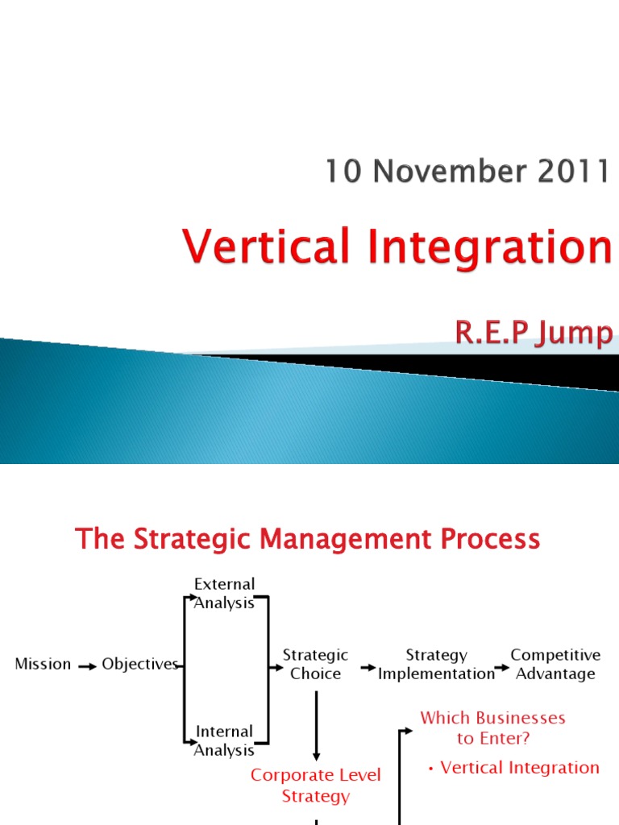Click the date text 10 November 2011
point(467,171)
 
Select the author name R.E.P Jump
point(533,332)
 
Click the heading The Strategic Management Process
point(307,539)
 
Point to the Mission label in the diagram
point(44,665)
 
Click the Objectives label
point(140,665)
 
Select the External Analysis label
point(224,593)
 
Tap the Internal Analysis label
point(224,740)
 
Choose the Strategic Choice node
point(315,665)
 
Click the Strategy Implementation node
point(436,665)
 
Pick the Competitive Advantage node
point(555,665)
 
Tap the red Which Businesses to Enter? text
point(492,728)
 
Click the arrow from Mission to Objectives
point(87,666)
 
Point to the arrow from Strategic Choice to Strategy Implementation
point(368,667)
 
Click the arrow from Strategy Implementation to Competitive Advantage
point(502,667)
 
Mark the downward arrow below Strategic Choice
point(316,725)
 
